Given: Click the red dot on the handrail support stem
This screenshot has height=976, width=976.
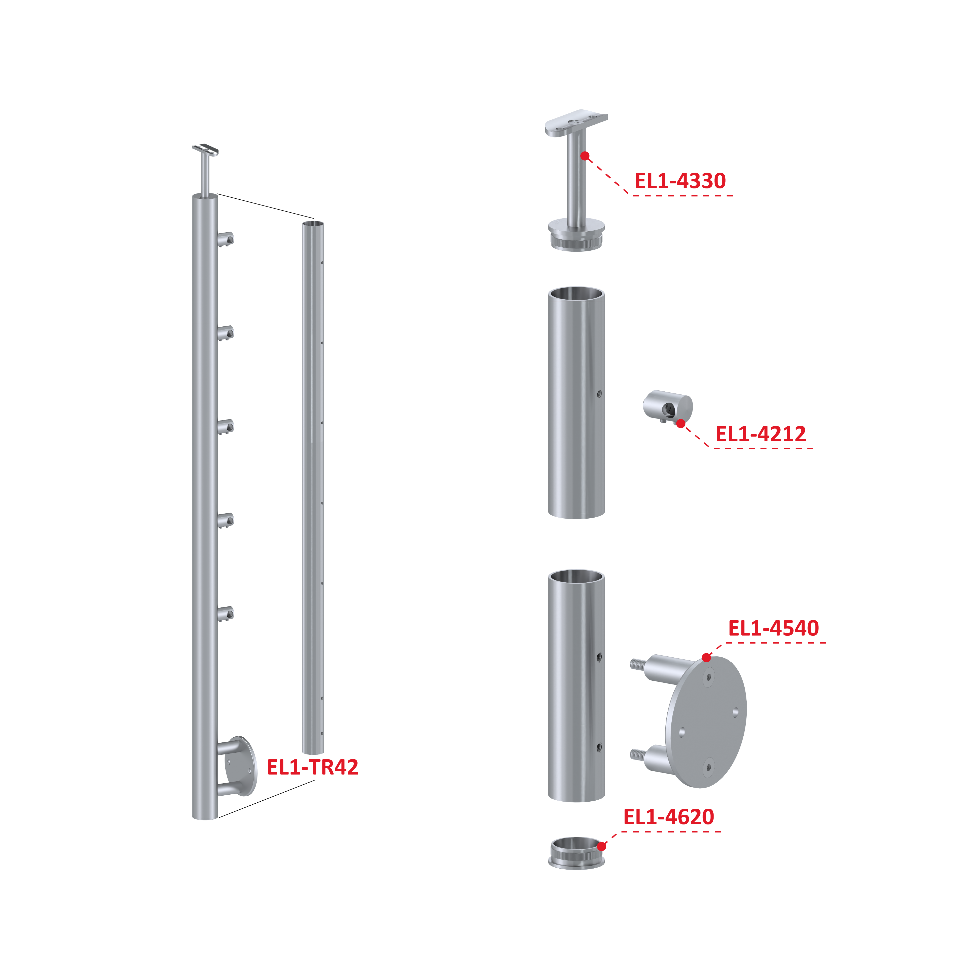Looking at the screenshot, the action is (585, 156).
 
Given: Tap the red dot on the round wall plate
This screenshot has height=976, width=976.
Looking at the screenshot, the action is (706, 657).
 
